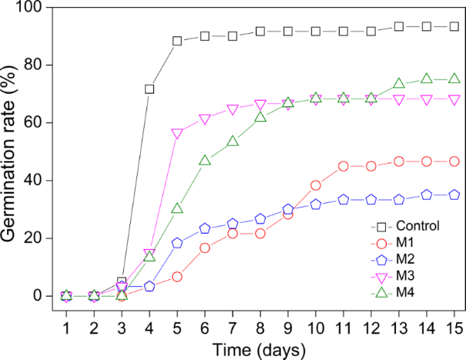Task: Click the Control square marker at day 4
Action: [x=149, y=89]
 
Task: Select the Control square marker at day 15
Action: [x=454, y=26]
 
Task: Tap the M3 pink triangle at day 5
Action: [x=177, y=133]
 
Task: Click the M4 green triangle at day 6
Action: [x=205, y=160]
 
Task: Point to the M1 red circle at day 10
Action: [x=316, y=185]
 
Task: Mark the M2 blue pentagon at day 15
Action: [x=454, y=195]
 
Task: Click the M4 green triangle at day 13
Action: [x=399, y=83]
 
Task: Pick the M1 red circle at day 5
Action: [x=177, y=276]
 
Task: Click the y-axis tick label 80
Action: [x=32, y=66]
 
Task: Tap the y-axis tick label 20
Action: [x=32, y=238]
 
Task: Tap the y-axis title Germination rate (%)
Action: [x=10, y=152]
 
